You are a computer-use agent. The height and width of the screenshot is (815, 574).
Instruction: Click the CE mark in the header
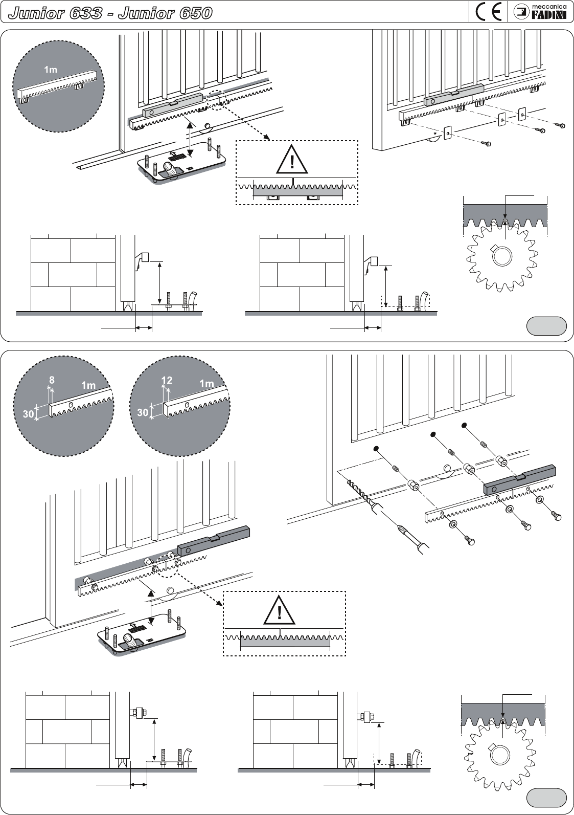tap(488, 12)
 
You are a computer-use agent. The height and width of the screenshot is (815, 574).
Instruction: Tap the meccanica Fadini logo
tap(539, 12)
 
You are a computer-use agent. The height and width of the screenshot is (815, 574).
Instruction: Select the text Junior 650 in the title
tap(165, 13)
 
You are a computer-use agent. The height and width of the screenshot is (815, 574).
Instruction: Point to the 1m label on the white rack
tap(51, 70)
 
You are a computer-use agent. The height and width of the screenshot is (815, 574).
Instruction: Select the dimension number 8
tap(52, 380)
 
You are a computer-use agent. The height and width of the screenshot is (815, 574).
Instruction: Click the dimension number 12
tap(167, 380)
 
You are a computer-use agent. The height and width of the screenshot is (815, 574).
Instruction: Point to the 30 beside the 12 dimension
tap(143, 412)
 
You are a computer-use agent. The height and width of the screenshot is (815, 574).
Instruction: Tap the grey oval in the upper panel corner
tap(546, 326)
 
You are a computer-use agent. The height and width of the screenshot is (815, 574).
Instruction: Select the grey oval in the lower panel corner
tap(546, 797)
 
